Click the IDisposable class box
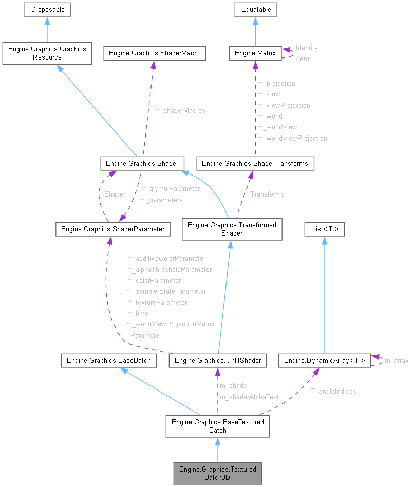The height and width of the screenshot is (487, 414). tap(47, 9)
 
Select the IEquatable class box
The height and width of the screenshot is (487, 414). tap(255, 9)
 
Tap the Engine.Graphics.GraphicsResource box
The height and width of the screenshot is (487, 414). tap(47, 53)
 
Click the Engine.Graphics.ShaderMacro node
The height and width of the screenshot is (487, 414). tap(155, 53)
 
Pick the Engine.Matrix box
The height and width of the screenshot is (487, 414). tap(255, 53)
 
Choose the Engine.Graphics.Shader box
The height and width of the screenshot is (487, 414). tap(142, 163)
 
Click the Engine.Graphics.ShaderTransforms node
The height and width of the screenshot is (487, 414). tap(255, 163)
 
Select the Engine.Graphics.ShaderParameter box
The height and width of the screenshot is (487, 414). tap(112, 229)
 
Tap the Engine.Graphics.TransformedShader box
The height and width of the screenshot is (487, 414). tap(232, 229)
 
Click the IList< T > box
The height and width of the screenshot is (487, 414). tap(324, 229)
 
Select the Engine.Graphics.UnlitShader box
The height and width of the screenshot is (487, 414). tap(218, 360)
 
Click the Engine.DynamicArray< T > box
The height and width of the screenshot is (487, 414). tap(324, 360)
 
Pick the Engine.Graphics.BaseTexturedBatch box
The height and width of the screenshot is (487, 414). tap(217, 426)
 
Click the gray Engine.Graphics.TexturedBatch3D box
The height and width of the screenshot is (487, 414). tap(217, 473)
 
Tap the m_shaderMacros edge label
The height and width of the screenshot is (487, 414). tap(179, 111)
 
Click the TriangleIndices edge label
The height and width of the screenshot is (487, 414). tap(333, 391)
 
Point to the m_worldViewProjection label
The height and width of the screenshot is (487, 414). tap(292, 138)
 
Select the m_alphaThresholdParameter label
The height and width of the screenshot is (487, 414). tap(169, 269)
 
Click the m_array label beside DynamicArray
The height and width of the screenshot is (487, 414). tap(397, 360)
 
